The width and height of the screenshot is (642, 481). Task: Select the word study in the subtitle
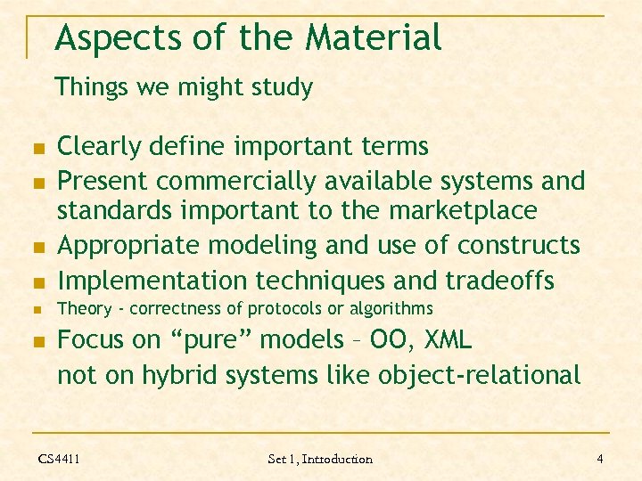pyautogui.click(x=283, y=87)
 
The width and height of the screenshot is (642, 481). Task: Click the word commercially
pyautogui.click(x=241, y=181)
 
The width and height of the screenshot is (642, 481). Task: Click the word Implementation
pyautogui.click(x=152, y=281)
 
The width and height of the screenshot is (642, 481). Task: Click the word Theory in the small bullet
pyautogui.click(x=84, y=309)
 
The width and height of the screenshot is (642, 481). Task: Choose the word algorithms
pyautogui.click(x=391, y=309)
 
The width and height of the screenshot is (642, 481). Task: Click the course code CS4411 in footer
pyautogui.click(x=59, y=459)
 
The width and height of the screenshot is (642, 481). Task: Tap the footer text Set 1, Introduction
pyautogui.click(x=320, y=459)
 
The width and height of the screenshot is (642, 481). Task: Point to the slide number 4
pyautogui.click(x=600, y=459)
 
